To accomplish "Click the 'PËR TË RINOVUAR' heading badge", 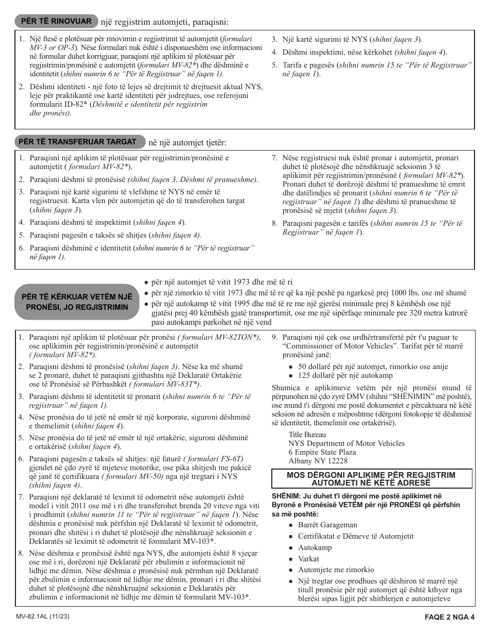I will pos(56,21).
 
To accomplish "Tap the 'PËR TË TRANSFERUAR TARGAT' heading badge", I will pos(77,142).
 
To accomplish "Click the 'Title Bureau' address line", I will pos(307,435).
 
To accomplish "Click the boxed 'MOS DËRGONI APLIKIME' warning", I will pos(371,478).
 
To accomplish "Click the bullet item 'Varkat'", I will pos(308,559).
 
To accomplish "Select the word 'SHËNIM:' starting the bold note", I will pos(285,496).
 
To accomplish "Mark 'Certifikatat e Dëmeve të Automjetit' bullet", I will pos(355,536).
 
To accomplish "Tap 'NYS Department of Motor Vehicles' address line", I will pos(346,443).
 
